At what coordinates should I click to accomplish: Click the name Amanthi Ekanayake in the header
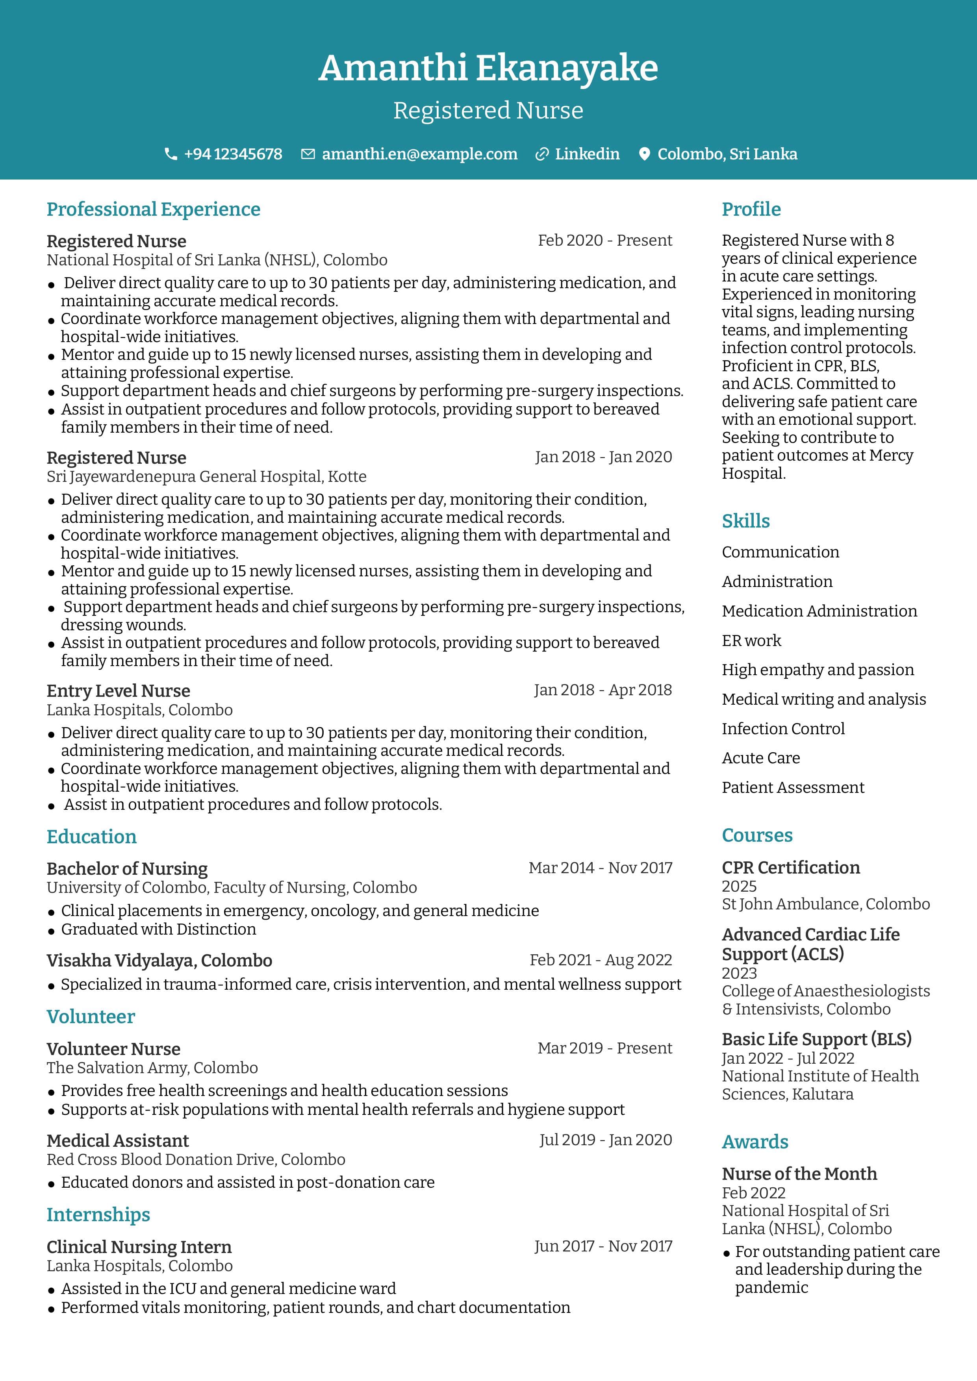coord(488,68)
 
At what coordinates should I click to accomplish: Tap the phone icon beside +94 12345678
coord(171,155)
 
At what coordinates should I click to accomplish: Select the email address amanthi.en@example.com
coord(419,155)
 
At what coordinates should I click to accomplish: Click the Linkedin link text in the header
coord(587,155)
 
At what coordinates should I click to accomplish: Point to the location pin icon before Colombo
coord(644,155)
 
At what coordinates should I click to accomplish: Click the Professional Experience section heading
coord(154,209)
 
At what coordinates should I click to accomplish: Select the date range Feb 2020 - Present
coord(604,241)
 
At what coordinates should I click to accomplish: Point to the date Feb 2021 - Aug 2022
coord(601,960)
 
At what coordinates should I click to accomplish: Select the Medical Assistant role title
coord(117,1140)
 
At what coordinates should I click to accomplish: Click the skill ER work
coord(751,641)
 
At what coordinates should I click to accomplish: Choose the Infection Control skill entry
coord(783,729)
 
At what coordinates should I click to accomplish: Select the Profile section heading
coord(751,209)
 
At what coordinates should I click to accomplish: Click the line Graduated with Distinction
coord(158,929)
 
